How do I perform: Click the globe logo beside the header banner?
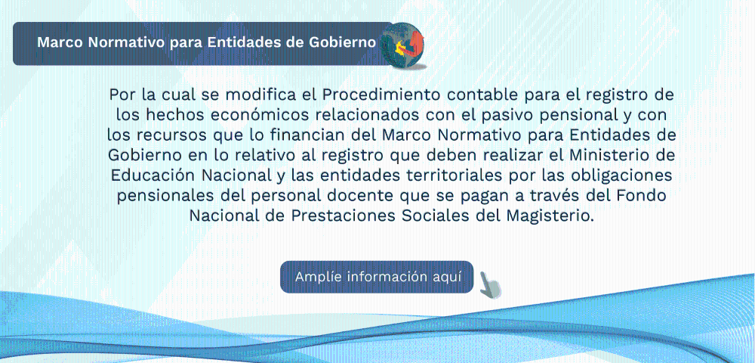tap(402, 45)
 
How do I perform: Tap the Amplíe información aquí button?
tap(377, 278)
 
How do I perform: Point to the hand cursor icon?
tap(490, 285)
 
